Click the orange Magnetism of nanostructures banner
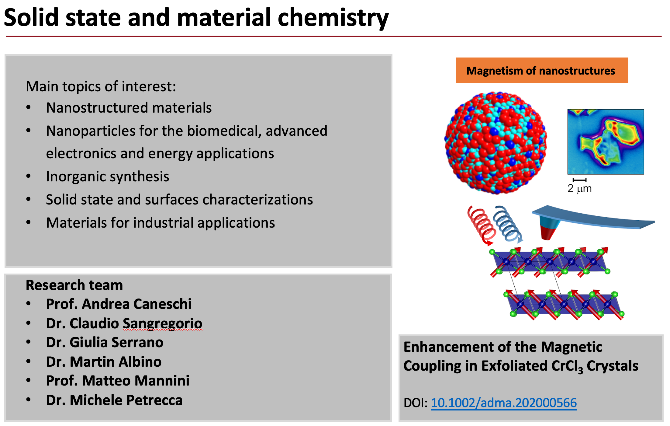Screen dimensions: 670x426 tap(542, 70)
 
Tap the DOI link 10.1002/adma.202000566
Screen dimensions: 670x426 tap(504, 403)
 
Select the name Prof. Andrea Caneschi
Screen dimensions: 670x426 tap(119, 304)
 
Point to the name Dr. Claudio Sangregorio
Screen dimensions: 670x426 tap(124, 323)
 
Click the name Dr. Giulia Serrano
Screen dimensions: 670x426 tap(105, 342)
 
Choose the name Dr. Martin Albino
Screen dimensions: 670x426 tap(104, 361)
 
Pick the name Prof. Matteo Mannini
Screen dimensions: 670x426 tap(118, 381)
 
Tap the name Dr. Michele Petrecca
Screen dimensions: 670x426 tap(114, 400)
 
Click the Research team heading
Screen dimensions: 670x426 tap(74, 285)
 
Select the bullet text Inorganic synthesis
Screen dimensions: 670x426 tap(108, 176)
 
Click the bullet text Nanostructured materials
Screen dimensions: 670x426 tap(129, 108)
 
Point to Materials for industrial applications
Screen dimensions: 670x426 tap(161, 223)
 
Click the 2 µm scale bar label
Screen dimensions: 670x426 tap(579, 188)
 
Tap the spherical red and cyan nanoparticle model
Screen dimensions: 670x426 tap(496, 143)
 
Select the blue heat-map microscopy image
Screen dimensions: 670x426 tap(606, 142)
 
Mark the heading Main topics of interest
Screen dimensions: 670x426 tap(101, 86)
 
